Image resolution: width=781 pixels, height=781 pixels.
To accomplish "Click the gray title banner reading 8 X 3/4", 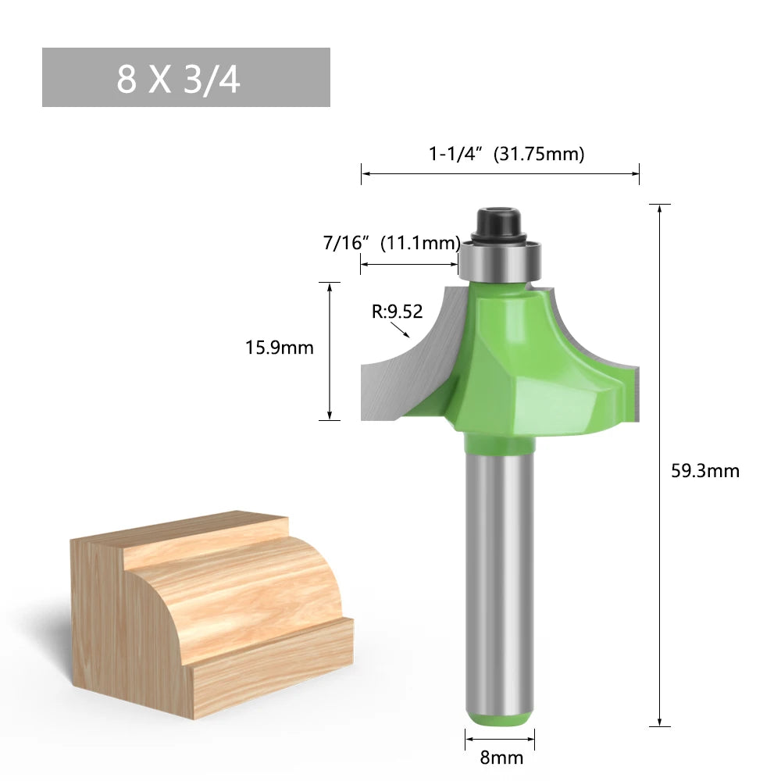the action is pos(186,77).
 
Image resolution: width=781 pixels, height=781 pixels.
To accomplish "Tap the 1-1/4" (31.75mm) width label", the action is pos(507,153).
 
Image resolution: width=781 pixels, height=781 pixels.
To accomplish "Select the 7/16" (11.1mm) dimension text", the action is pos(392,243).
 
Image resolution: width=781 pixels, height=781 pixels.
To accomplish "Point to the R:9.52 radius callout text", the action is pos(397,312).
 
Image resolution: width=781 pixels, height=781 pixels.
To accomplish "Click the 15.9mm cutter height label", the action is pos(280,348).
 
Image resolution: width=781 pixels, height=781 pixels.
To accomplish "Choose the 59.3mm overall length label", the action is pos(705,471).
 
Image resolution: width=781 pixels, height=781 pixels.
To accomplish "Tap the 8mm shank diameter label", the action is pos(501,758).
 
